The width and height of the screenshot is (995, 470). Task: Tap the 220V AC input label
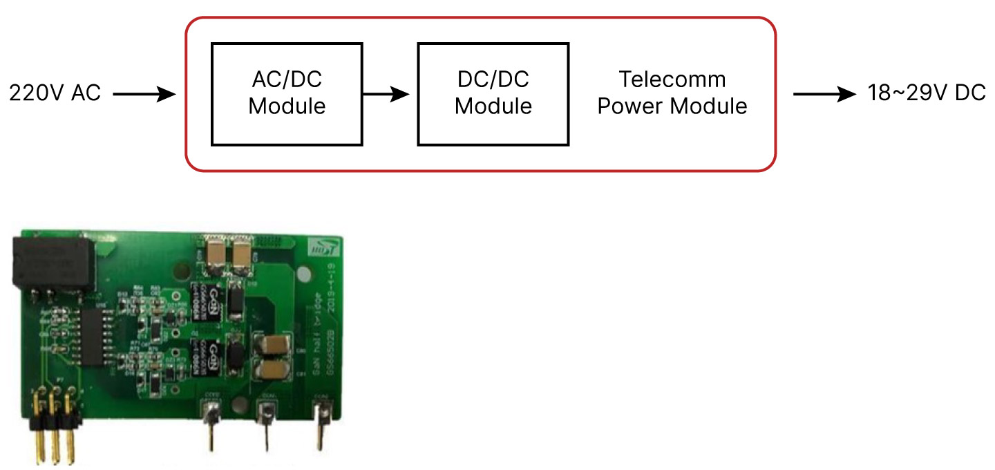tap(55, 93)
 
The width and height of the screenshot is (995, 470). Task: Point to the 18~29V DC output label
tap(927, 93)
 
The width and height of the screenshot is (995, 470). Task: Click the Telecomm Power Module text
tap(672, 93)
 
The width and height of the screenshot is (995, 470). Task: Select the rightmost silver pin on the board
tap(321, 422)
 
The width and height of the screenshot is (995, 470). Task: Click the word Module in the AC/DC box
tap(287, 107)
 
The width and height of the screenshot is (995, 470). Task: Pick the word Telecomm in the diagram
tap(672, 80)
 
